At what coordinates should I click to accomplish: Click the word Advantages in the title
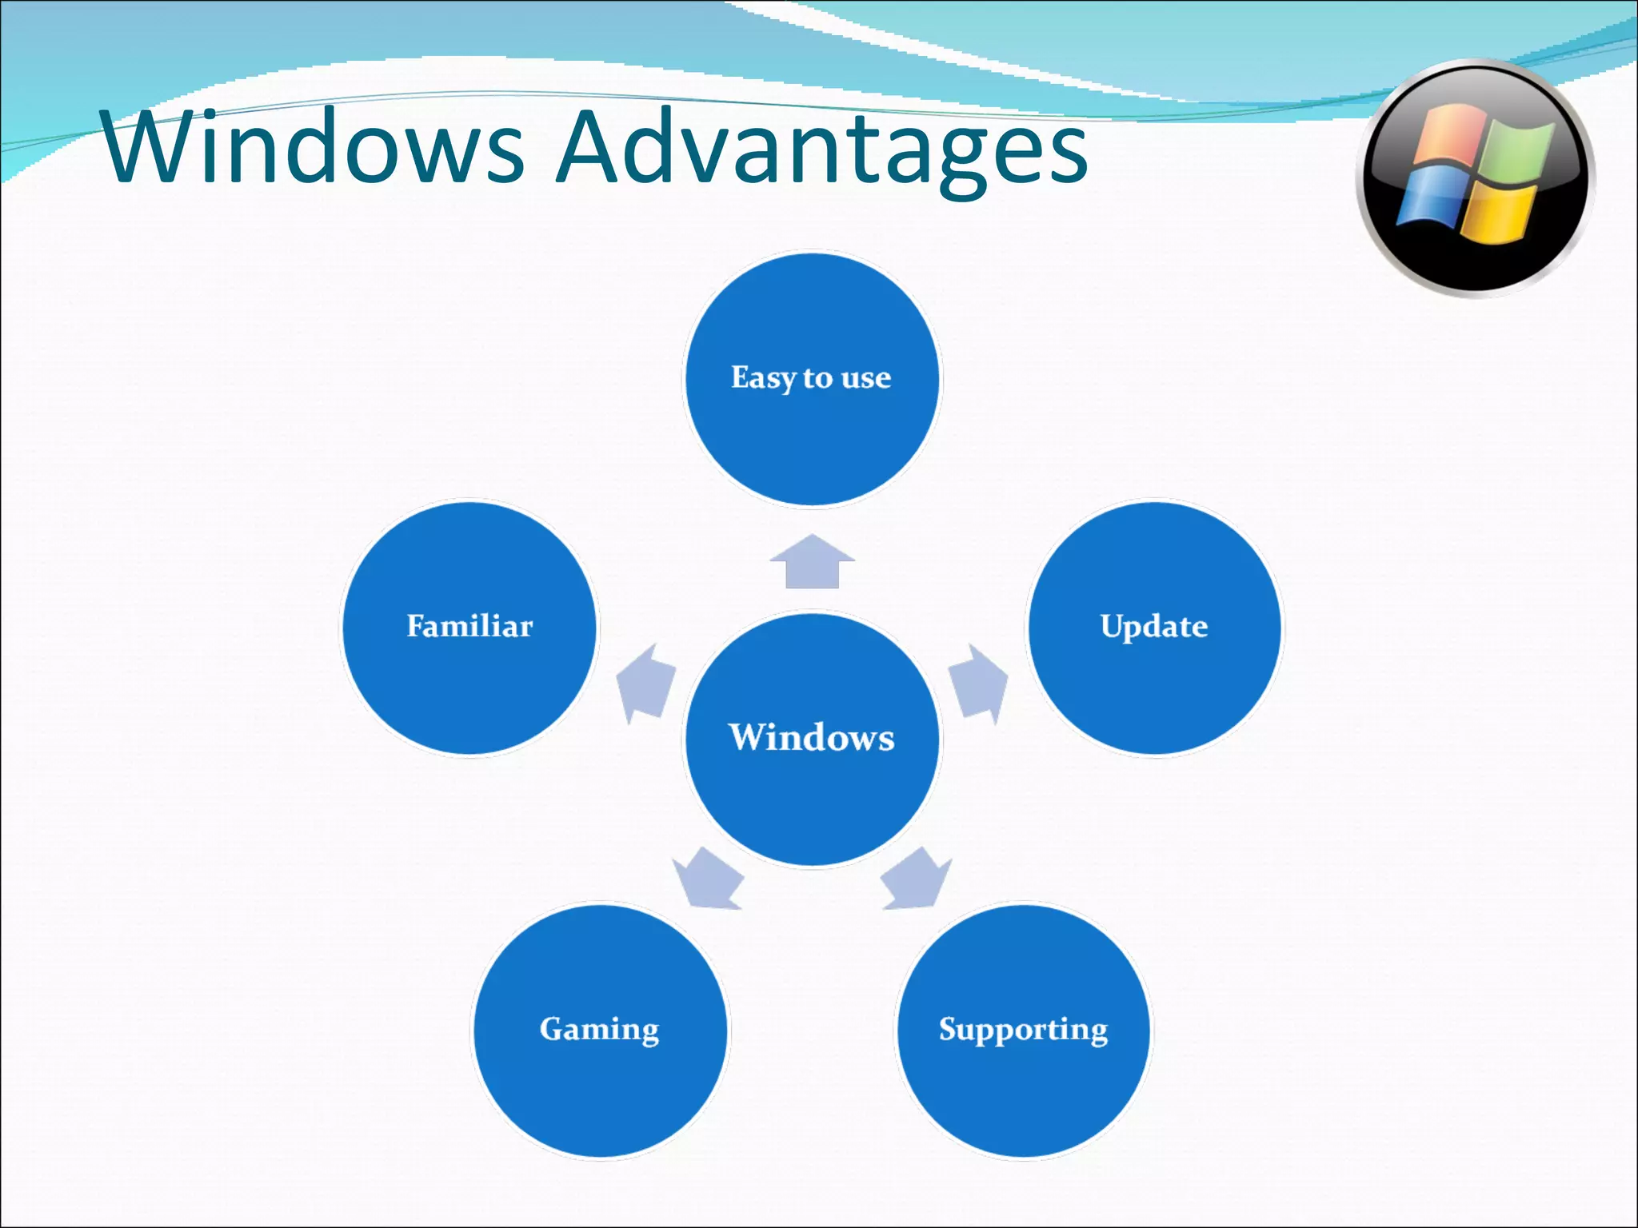point(822,148)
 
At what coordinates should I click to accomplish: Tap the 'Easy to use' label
point(811,377)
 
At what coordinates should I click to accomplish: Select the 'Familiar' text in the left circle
point(469,626)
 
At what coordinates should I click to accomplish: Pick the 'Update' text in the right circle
point(1153,626)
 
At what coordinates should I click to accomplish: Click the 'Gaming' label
point(599,1029)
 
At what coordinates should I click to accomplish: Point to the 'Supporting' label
point(1023,1029)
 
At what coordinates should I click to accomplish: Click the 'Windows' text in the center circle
point(811,737)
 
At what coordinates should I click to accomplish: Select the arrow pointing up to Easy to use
point(812,562)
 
